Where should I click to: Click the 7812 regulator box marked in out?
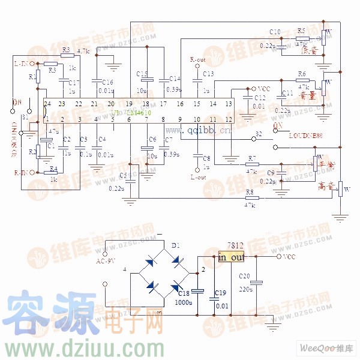click(x=232, y=257)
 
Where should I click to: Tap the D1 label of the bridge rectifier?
click(x=176, y=246)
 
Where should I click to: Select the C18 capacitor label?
click(x=183, y=293)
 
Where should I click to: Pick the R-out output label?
click(x=197, y=60)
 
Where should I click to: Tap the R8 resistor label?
click(x=249, y=192)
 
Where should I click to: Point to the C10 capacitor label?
click(x=275, y=32)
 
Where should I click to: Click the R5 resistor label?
click(x=301, y=30)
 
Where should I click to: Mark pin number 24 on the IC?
click(x=47, y=104)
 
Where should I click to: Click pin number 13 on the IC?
click(x=228, y=104)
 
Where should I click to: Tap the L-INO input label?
click(x=23, y=62)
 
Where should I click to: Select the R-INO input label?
click(x=23, y=173)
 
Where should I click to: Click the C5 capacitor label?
click(x=123, y=175)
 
